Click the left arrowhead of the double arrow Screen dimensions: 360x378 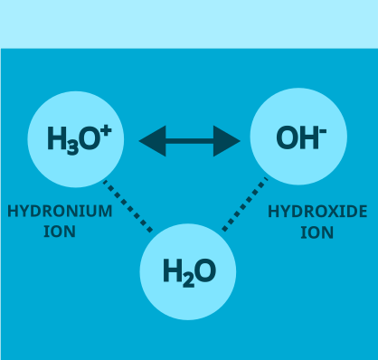click(x=152, y=140)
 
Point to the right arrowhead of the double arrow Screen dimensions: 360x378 click(x=227, y=140)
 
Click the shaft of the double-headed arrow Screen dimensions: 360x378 click(x=190, y=140)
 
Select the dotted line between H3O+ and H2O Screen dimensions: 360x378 click(x=128, y=206)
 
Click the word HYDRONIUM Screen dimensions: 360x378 click(x=60, y=212)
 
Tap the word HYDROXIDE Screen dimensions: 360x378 click(x=317, y=213)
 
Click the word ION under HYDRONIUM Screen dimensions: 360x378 click(x=60, y=232)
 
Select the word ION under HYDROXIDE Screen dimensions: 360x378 click(x=317, y=232)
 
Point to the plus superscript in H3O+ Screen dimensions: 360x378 click(x=106, y=131)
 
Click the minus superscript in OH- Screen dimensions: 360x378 click(x=322, y=131)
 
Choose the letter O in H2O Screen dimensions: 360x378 click(x=204, y=271)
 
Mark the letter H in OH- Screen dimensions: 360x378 click(x=307, y=138)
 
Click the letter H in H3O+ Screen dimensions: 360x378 click(x=57, y=139)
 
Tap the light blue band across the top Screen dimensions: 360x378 click(x=189, y=24)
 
